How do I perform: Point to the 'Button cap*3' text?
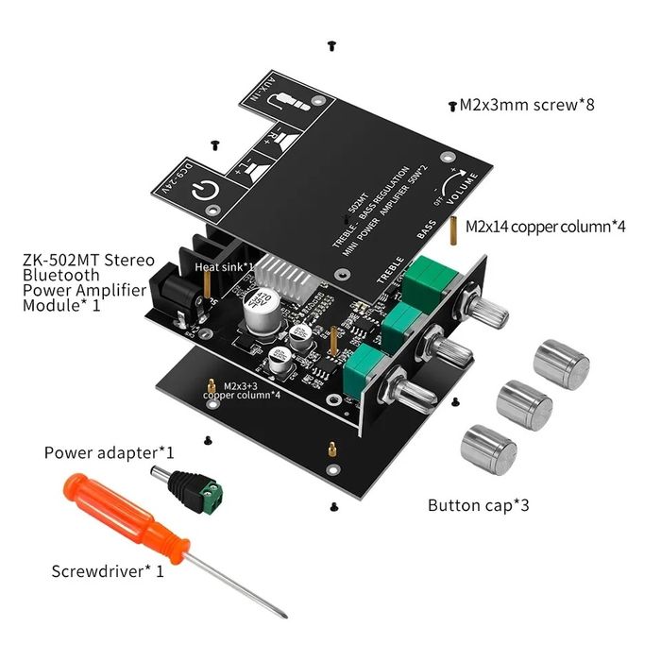(x=478, y=505)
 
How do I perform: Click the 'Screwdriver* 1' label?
(x=108, y=570)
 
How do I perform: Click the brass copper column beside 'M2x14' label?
(x=455, y=228)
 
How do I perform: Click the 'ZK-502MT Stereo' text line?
(x=88, y=259)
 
